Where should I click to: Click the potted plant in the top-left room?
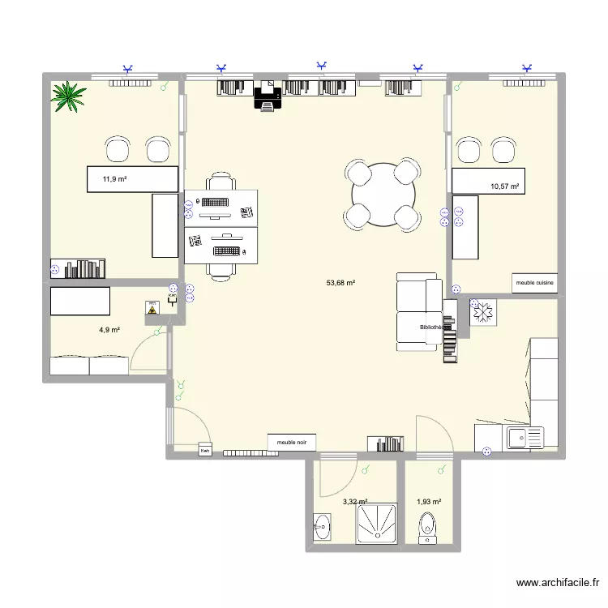click(69, 96)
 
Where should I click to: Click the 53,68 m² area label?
click(341, 283)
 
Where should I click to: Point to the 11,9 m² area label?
click(113, 179)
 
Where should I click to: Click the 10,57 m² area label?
click(503, 186)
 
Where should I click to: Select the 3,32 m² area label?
click(355, 503)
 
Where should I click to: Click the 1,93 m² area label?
click(428, 503)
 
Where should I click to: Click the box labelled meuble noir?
click(292, 443)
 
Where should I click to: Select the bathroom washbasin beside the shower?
click(322, 527)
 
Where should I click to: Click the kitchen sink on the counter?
click(524, 439)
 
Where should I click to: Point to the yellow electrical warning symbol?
click(151, 309)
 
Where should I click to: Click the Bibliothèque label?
click(431, 328)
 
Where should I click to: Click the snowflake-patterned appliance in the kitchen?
click(483, 314)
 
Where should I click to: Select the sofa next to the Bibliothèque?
click(419, 312)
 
